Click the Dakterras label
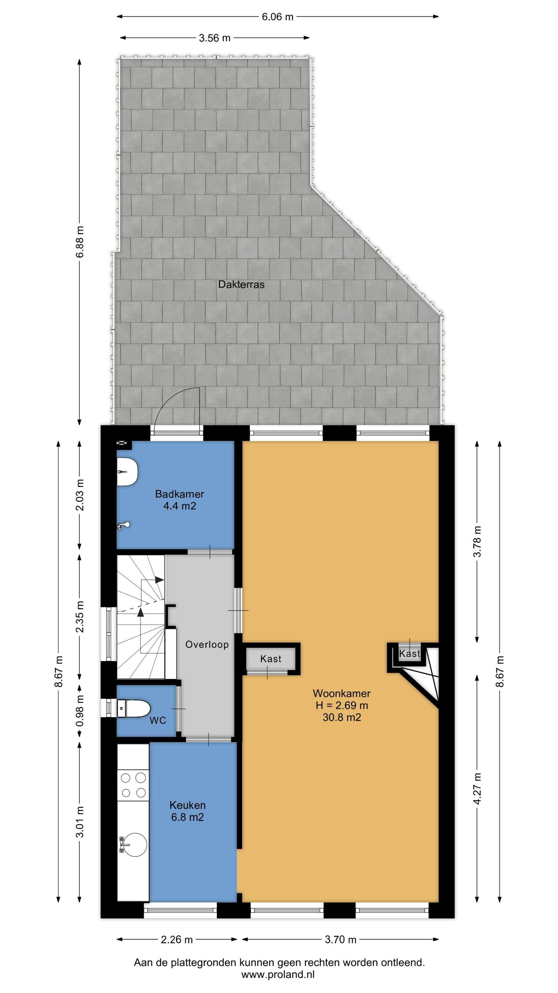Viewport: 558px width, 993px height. point(241,284)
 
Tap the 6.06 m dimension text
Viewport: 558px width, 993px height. point(277,17)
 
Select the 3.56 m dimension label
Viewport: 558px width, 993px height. point(215,38)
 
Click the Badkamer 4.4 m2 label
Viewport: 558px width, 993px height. point(179,499)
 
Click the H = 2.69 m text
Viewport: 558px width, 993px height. point(342,705)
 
